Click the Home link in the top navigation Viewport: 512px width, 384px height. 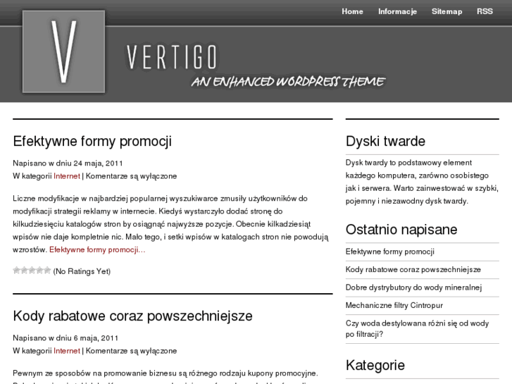point(352,11)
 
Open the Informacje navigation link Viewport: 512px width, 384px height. point(397,11)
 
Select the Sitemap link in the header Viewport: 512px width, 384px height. point(447,11)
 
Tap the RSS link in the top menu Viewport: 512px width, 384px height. point(485,11)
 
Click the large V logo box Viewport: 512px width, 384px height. point(63,51)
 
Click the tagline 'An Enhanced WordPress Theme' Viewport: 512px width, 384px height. point(288,82)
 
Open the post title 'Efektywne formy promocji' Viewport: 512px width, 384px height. point(92,141)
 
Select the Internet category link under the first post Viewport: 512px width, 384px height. point(67,175)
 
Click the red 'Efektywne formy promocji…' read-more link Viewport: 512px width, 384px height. point(97,249)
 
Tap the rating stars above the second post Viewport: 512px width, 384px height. point(32,271)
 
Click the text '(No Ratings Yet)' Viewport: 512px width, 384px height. point(82,271)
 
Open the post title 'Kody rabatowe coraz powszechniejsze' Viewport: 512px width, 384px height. point(132,316)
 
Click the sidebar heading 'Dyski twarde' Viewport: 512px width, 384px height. point(385,141)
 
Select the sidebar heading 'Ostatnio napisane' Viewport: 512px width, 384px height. point(401,230)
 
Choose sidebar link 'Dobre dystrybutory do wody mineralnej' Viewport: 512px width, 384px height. point(413,287)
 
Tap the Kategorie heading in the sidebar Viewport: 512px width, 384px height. point(375,365)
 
